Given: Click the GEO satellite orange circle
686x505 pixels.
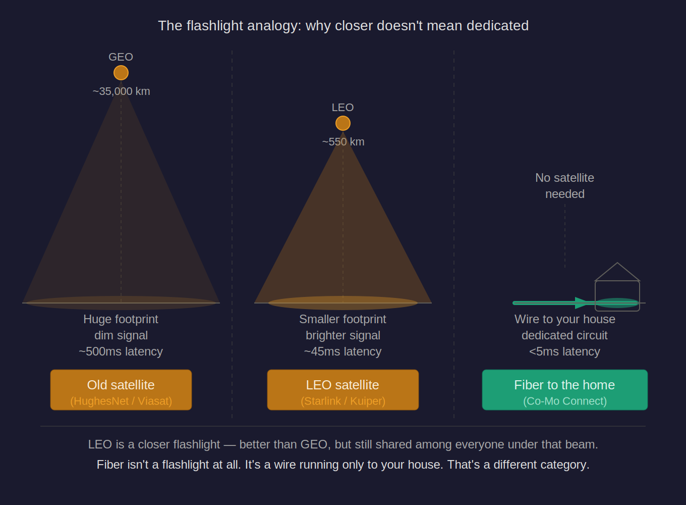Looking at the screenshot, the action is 121,73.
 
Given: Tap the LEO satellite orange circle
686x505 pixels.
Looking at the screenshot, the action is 343,123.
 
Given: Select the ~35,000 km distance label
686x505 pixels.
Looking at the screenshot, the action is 122,91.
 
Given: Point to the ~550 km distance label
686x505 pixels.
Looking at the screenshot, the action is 343,142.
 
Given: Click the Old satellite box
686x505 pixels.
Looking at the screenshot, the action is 121,389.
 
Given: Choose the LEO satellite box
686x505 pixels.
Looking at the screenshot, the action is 343,389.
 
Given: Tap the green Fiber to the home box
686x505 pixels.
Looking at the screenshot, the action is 564,389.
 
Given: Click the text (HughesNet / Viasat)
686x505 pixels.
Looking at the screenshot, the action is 121,401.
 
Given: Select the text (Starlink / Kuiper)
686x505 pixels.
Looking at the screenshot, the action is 343,401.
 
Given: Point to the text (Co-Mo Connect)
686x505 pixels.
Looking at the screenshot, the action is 564,401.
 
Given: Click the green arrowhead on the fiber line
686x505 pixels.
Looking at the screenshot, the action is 582,303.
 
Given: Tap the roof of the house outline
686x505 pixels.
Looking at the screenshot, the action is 617,271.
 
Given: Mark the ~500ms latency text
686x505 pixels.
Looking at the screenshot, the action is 121,351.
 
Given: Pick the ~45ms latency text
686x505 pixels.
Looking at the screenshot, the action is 343,351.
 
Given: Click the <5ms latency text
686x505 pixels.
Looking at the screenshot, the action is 564,351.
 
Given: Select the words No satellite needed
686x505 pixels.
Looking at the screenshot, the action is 564,186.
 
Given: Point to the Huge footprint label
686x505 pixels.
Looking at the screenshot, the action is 121,319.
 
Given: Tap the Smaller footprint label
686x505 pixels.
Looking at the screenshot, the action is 343,319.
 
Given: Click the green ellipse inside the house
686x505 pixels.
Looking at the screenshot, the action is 617,303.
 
